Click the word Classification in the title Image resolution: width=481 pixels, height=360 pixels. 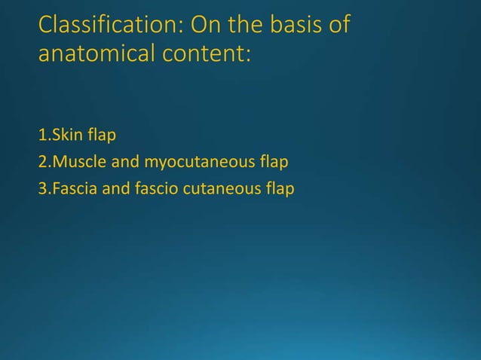[109, 26]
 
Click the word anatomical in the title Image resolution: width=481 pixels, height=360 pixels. [99, 55]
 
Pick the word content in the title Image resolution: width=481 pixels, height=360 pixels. [209, 55]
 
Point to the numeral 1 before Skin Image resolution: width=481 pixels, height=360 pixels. [41, 136]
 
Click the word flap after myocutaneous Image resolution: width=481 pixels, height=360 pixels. [274, 162]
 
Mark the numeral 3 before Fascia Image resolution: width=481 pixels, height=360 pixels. [42, 188]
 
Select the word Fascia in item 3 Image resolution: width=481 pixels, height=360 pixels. [72, 188]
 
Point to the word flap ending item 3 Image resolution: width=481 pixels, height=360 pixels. [278, 188]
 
